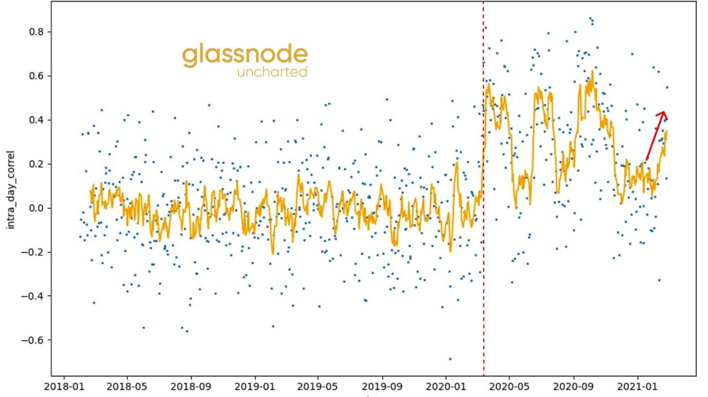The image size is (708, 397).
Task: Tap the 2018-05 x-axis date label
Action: pos(127,387)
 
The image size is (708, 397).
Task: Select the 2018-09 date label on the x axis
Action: pos(191,387)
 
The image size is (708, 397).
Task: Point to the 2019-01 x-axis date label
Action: pos(255,387)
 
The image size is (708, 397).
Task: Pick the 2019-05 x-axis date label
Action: pos(318,387)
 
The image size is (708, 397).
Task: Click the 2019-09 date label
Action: pos(383,387)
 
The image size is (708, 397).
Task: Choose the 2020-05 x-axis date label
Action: pos(510,387)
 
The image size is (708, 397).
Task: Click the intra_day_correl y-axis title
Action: pos(10,190)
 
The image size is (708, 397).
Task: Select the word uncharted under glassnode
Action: pos(272,72)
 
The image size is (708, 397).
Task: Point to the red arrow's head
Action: pos(663,114)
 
